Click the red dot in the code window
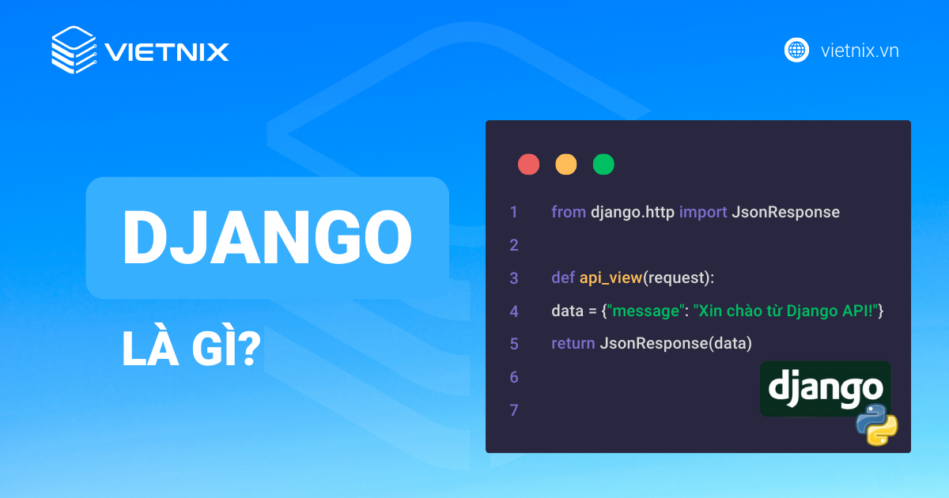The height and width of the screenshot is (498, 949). click(x=528, y=164)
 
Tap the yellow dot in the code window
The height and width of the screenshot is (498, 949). click(x=566, y=164)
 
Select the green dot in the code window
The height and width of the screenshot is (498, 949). click(x=603, y=164)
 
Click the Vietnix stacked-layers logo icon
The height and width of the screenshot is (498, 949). click(x=74, y=51)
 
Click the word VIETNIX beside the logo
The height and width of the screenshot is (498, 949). click(x=167, y=52)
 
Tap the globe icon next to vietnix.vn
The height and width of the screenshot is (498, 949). click(x=796, y=50)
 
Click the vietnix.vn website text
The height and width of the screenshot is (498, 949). click(x=860, y=51)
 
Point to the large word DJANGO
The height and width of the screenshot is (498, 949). click(x=267, y=238)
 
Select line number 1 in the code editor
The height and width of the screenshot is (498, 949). click(x=514, y=212)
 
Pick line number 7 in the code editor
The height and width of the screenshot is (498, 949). click(x=514, y=410)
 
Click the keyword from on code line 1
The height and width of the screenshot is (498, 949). click(x=569, y=212)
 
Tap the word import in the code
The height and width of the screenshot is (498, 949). click(x=703, y=212)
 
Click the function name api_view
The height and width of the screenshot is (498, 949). click(x=610, y=278)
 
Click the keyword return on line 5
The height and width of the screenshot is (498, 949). click(x=573, y=344)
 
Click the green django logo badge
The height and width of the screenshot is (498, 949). click(x=825, y=388)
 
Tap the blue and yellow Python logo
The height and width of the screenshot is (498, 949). click(x=876, y=424)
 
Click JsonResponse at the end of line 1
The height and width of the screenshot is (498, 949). click(x=785, y=212)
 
